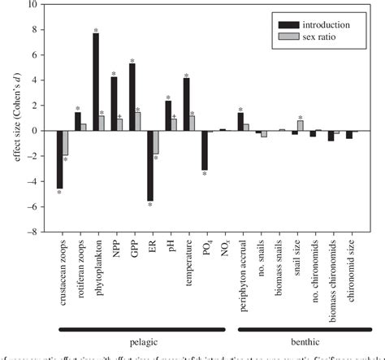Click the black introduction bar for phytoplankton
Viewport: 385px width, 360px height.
tap(96, 82)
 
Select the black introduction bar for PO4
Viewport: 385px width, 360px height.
tap(205, 150)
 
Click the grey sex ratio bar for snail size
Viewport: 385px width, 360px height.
tap(300, 125)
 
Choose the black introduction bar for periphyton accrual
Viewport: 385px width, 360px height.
tap(240, 122)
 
